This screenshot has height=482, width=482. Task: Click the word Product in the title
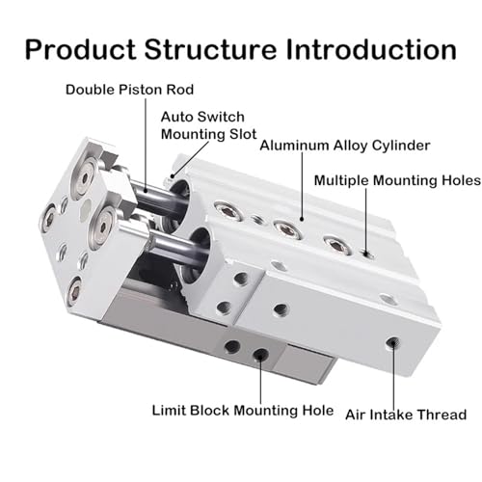(x=81, y=49)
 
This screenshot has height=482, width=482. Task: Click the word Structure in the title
(x=210, y=49)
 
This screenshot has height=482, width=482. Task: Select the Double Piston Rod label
(x=129, y=90)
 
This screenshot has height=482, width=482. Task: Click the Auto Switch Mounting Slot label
(x=209, y=125)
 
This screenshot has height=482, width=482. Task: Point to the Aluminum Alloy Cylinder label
(x=345, y=146)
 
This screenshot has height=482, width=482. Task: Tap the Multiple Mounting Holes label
(x=397, y=180)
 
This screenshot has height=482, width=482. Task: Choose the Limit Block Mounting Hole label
(x=243, y=411)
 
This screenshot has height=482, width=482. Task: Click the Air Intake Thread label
(x=406, y=415)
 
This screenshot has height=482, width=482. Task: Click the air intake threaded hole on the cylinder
(x=392, y=343)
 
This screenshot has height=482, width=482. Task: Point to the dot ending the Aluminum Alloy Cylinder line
(x=302, y=219)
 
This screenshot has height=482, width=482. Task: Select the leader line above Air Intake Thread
(x=393, y=376)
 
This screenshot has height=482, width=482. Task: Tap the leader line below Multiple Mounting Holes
(x=365, y=222)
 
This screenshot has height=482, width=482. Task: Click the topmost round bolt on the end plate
(x=85, y=178)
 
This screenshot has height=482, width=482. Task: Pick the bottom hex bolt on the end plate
(x=75, y=293)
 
